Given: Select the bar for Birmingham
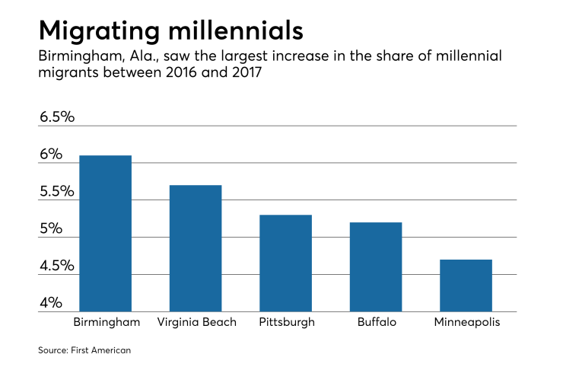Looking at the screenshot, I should click(x=105, y=233).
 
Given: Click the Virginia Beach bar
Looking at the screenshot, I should click(x=196, y=248).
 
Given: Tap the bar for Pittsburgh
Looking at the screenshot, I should click(x=285, y=263).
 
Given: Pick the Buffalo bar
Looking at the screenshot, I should click(x=376, y=266).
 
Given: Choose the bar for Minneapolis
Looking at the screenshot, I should click(x=466, y=286).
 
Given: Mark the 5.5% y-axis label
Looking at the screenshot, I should click(x=56, y=191).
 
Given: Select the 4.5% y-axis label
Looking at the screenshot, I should click(x=56, y=266).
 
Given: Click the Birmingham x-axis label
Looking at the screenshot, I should click(x=107, y=322).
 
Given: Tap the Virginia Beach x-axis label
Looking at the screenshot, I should click(x=196, y=322).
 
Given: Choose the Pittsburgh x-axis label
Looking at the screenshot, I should click(x=286, y=322).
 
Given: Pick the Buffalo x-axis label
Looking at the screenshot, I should click(x=376, y=322).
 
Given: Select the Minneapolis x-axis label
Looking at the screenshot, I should click(x=466, y=322).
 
